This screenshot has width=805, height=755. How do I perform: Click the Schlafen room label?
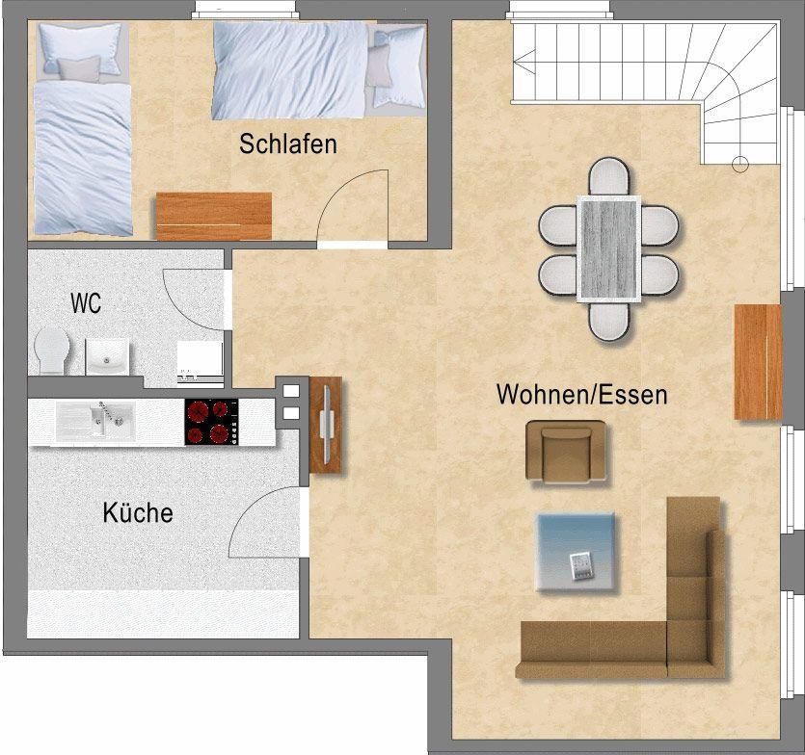click(x=288, y=143)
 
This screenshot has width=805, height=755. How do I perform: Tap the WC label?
click(x=86, y=303)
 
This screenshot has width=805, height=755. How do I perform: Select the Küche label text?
click(x=138, y=512)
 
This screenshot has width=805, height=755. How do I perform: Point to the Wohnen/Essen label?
click(x=582, y=395)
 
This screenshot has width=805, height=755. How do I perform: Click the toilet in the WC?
click(x=51, y=351)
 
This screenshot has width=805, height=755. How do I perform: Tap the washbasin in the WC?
click(x=107, y=356)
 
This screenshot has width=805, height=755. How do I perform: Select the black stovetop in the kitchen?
click(x=211, y=422)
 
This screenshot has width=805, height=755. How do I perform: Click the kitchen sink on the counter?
click(x=95, y=421)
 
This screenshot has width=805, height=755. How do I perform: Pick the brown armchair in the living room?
click(x=566, y=451)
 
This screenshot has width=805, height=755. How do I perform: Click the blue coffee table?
click(x=576, y=552)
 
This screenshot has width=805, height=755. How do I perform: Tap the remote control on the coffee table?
click(x=581, y=566)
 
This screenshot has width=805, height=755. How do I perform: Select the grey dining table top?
click(x=609, y=248)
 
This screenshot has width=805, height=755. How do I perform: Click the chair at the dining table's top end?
click(x=609, y=176)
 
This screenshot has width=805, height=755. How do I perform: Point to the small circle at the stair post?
click(x=739, y=164)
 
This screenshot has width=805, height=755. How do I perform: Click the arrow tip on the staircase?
click(x=515, y=64)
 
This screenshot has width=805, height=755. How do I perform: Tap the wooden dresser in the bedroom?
click(x=214, y=216)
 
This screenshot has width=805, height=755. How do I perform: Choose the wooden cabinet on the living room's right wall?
click(x=759, y=362)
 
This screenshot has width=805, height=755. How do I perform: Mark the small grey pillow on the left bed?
click(x=78, y=69)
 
